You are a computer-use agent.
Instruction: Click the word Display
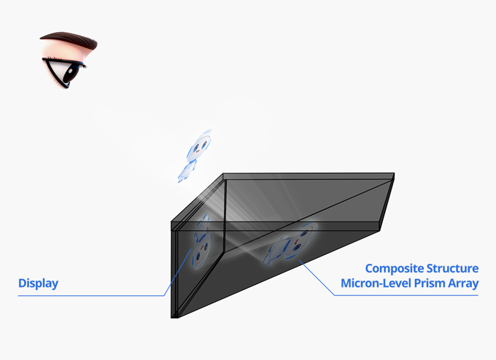pos(38,283)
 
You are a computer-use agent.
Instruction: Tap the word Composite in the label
pos(395,269)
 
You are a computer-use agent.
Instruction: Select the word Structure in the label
pos(453,268)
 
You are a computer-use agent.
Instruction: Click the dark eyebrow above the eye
pos(69,40)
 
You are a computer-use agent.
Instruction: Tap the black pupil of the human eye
pos(71,73)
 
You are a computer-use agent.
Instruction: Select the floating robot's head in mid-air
pos(199,146)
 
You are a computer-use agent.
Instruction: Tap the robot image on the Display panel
pos(201,243)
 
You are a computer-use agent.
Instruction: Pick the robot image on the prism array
pos(291,243)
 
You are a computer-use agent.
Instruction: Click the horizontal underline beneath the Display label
pos(91,296)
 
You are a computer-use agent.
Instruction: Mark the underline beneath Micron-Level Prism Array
pos(406,296)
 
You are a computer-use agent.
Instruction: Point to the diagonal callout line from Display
pos(177,273)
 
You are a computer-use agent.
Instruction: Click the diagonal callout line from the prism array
pos(317,278)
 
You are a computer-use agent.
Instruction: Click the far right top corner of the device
pos(394,173)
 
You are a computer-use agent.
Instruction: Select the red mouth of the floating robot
pos(198,152)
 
